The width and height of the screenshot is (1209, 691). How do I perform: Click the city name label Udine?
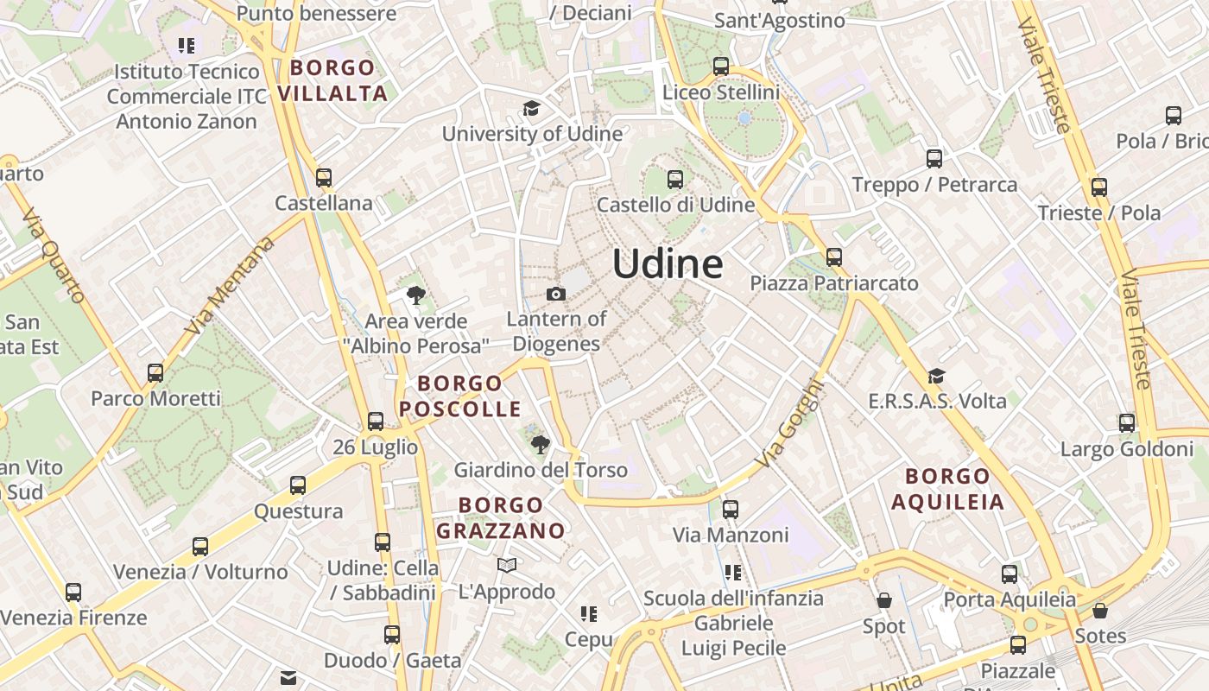(x=668, y=263)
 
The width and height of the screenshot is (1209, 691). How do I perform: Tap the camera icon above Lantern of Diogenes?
(x=556, y=295)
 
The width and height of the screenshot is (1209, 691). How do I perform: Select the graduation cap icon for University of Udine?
(x=531, y=109)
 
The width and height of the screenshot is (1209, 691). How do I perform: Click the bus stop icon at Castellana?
(x=324, y=178)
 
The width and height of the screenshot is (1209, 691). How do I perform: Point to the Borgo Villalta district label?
(x=333, y=80)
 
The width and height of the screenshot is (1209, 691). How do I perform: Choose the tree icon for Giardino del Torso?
(x=541, y=445)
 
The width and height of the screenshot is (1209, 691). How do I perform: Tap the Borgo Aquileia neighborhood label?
(x=948, y=489)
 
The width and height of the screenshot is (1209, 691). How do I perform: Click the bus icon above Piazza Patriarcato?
(x=833, y=257)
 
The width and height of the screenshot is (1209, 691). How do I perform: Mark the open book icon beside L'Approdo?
(x=507, y=566)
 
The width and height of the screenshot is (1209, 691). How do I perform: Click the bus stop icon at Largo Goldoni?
(x=1127, y=423)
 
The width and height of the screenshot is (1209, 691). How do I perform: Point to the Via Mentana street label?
(x=229, y=286)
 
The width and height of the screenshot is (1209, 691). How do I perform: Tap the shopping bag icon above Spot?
(x=884, y=600)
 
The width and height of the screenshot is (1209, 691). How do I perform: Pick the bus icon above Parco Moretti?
(x=155, y=373)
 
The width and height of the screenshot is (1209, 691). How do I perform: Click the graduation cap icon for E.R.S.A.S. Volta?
(x=936, y=376)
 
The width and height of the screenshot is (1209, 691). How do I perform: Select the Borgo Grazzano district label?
(x=500, y=517)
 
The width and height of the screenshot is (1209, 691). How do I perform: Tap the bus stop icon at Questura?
(x=298, y=485)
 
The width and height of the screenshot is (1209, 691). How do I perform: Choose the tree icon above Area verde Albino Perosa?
(x=416, y=296)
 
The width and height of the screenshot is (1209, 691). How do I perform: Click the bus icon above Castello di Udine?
(x=675, y=180)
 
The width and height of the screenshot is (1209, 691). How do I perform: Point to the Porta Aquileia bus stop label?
(x=1010, y=599)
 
